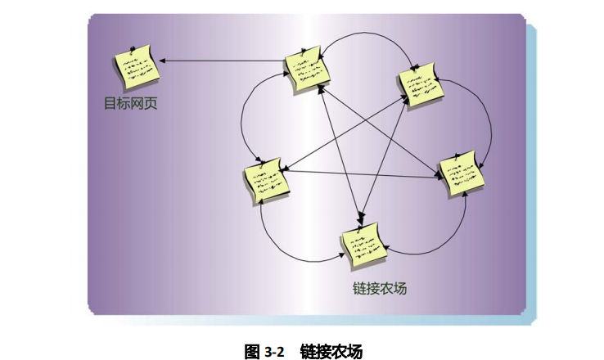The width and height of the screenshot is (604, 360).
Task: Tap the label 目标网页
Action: (x=129, y=105)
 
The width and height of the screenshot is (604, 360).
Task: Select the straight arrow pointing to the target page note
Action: (x=221, y=60)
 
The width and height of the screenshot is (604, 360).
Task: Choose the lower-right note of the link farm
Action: (x=463, y=174)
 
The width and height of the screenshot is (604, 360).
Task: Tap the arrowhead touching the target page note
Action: (x=164, y=60)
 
